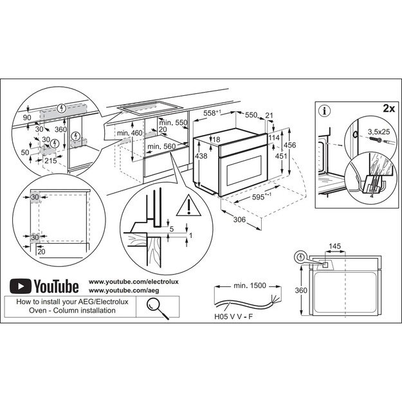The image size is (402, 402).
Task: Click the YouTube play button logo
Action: (x=23, y=285)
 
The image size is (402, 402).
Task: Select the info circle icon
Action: (x=325, y=110)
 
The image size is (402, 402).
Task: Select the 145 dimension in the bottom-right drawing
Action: (x=334, y=246)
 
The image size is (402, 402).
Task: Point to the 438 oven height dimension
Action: (x=201, y=156)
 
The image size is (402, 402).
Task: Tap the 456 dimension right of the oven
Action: (x=291, y=145)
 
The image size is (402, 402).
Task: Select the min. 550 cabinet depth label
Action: (x=172, y=122)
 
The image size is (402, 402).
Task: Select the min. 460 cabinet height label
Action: (x=129, y=133)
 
